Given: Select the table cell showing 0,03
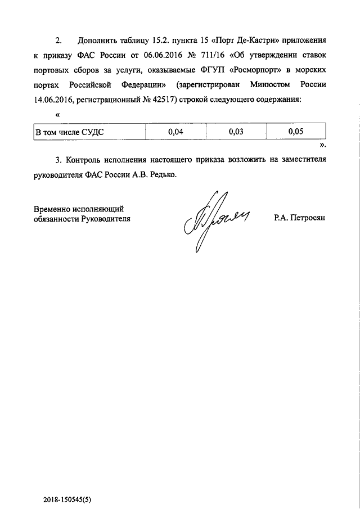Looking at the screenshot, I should pos(236,132).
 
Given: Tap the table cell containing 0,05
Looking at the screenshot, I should pos(295,132).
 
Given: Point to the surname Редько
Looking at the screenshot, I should pos(163,175).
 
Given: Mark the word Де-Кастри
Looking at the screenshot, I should pos(255,42).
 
